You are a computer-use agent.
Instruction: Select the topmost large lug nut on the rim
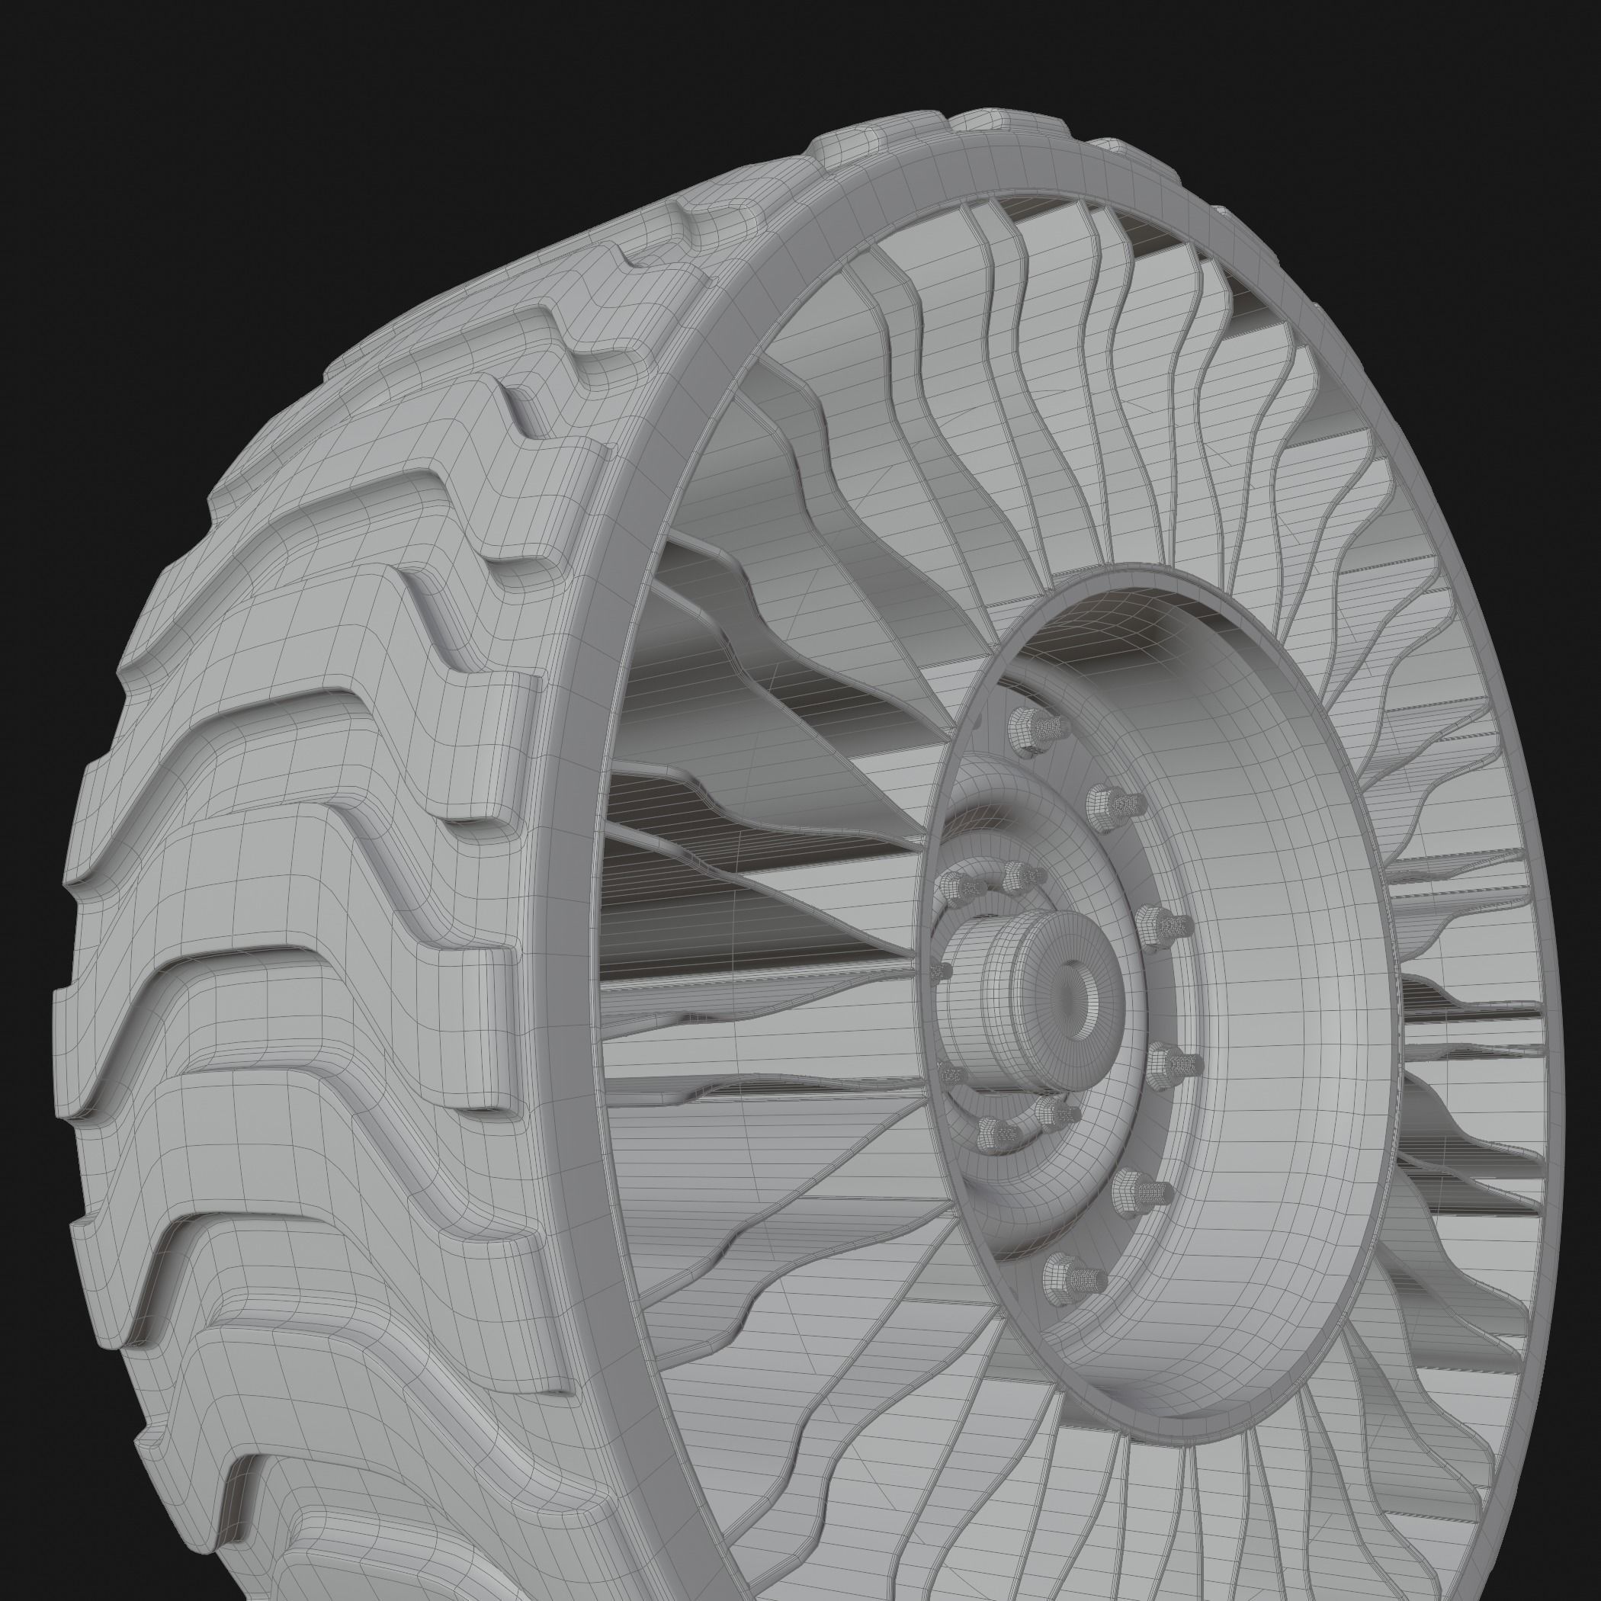[1030, 730]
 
